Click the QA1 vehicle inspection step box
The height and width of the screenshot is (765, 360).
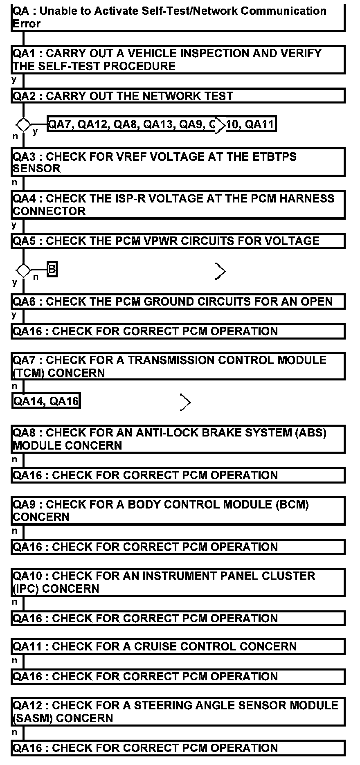click(178, 60)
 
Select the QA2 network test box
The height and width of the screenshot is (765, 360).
click(178, 96)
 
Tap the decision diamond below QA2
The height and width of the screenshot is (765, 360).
click(23, 124)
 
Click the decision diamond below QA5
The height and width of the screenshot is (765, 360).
click(23, 270)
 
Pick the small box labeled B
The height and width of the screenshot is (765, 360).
click(52, 270)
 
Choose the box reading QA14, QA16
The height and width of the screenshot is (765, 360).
click(46, 401)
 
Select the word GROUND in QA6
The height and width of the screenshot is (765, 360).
click(170, 301)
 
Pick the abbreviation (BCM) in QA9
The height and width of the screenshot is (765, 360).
click(292, 504)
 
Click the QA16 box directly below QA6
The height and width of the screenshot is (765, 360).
click(178, 331)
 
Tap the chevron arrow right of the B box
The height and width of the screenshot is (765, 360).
click(220, 271)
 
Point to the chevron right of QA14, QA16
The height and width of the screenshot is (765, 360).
click(185, 403)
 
